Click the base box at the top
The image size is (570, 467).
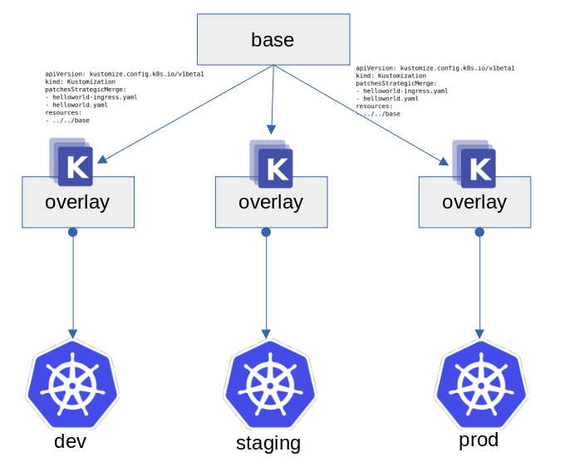[273, 39]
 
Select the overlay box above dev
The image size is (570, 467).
[77, 202]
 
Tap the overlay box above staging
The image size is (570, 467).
[271, 202]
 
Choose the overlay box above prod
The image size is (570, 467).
[474, 202]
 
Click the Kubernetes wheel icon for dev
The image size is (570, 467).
[72, 385]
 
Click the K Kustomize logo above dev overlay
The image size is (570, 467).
[74, 165]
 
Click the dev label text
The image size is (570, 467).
[70, 441]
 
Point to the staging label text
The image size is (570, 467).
[268, 443]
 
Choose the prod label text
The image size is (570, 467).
[479, 440]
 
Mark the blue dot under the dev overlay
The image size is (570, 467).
[73, 232]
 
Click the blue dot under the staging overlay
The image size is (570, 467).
[266, 232]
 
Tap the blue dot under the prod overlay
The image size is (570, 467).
[479, 232]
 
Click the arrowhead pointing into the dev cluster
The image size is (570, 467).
[73, 332]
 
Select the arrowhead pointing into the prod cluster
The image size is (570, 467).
[479, 332]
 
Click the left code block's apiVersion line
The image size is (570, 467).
[125, 74]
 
